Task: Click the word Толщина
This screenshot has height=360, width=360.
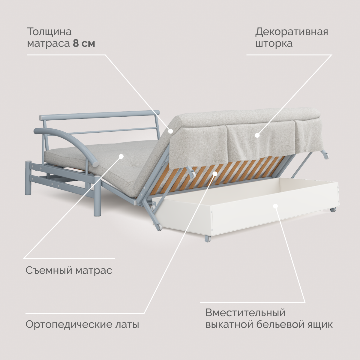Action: pyautogui.click(x=49, y=31)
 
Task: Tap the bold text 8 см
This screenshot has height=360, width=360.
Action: pyautogui.click(x=84, y=43)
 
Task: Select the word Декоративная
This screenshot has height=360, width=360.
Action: pyautogui.click(x=292, y=31)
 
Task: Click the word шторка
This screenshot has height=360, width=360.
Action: pyautogui.click(x=274, y=43)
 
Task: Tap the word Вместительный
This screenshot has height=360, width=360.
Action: pyautogui.click(x=245, y=313)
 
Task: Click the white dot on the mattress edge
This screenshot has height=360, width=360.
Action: pyautogui.click(x=170, y=131)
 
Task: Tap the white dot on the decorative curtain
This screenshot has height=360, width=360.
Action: pyautogui.click(x=257, y=135)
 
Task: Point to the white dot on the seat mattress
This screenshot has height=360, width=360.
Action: pyautogui.click(x=121, y=156)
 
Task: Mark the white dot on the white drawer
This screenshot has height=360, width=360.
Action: pyautogui.click(x=275, y=206)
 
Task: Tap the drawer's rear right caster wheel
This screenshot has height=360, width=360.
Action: pyautogui.click(x=333, y=210)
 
